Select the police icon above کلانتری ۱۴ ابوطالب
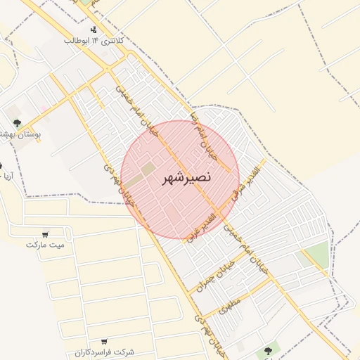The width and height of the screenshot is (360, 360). (94, 30)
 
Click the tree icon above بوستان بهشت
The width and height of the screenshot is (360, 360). (16, 124)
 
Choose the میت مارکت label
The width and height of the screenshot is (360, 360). (45, 245)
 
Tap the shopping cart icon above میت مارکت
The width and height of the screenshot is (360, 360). (45, 234)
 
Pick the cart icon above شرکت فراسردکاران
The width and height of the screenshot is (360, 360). (104, 341)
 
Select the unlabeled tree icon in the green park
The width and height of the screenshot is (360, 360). (268, 349)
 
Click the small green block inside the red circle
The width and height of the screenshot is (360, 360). (148, 169)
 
